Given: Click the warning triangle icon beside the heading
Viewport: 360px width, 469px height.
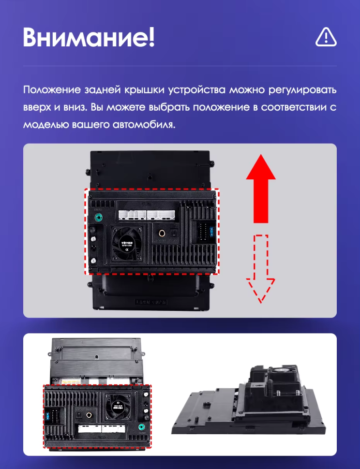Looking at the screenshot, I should [326, 37].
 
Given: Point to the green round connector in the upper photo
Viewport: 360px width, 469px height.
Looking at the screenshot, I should [99, 217].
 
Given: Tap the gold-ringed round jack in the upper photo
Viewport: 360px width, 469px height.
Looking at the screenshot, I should [161, 233].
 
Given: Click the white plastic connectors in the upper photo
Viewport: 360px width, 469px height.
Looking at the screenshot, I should [148, 214].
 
